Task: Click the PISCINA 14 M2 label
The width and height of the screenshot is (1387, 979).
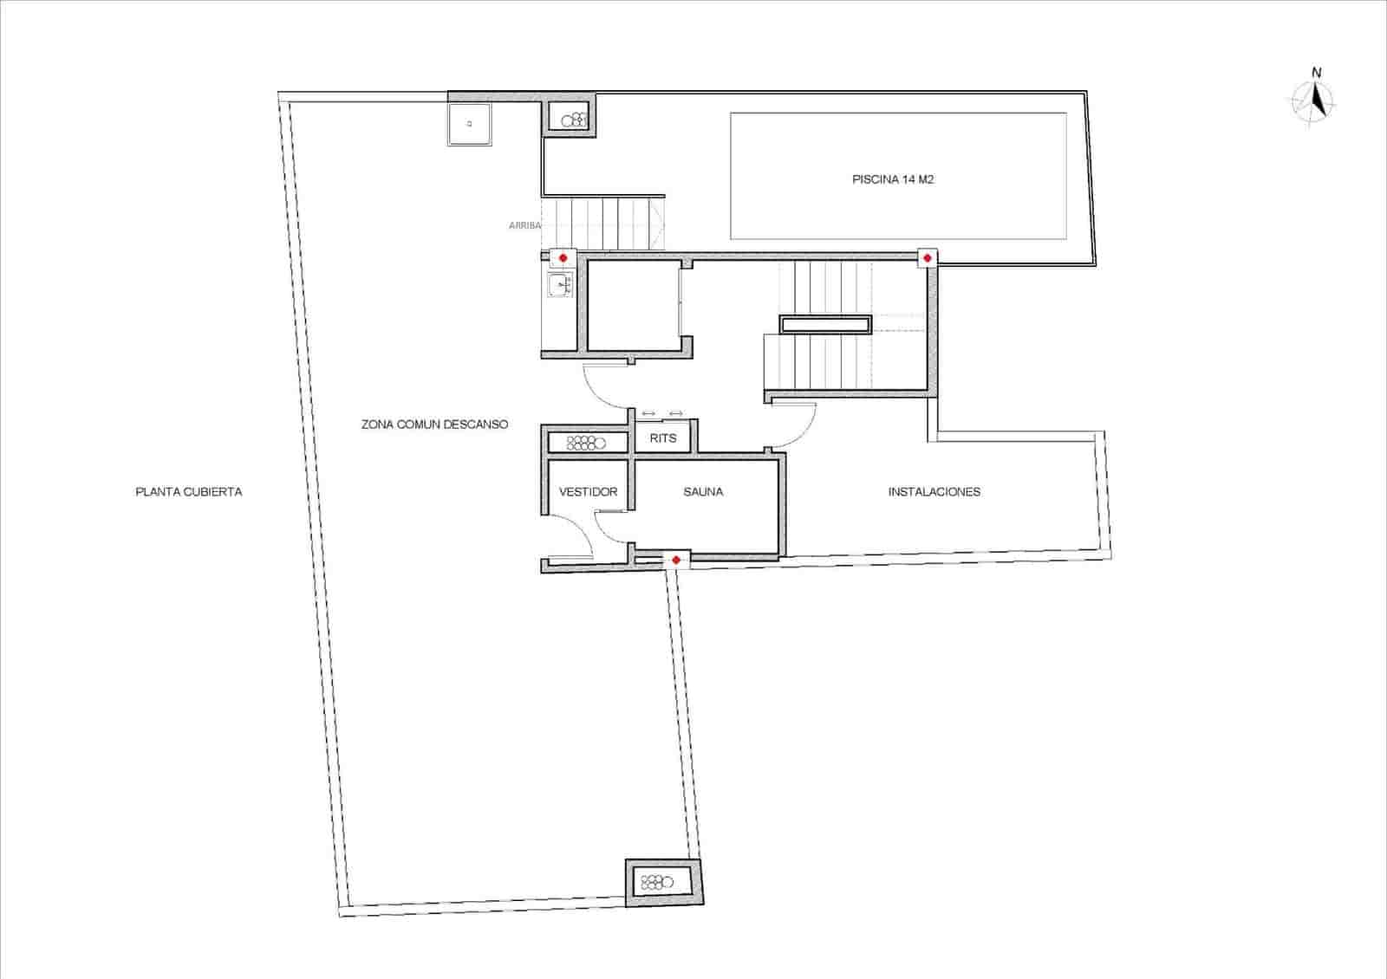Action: click(892, 180)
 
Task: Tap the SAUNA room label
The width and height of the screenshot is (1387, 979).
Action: click(703, 492)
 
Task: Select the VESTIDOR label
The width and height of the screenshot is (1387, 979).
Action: click(588, 492)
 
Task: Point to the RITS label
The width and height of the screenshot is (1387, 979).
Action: click(663, 438)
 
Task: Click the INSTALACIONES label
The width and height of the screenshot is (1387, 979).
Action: click(934, 492)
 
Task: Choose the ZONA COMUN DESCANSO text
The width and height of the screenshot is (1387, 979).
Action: click(434, 425)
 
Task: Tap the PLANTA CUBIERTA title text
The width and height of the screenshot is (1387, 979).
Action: click(189, 492)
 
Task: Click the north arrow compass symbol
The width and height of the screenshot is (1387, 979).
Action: click(1315, 100)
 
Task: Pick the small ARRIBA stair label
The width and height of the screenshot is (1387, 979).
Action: click(525, 225)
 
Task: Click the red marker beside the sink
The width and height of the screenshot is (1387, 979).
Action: click(563, 258)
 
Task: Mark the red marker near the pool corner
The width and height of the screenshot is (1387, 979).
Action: click(928, 258)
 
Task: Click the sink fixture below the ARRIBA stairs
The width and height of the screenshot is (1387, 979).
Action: click(559, 284)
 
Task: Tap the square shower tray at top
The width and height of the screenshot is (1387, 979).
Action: click(470, 124)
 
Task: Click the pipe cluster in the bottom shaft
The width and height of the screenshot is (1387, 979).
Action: click(656, 884)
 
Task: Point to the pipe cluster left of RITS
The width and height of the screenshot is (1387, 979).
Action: click(586, 444)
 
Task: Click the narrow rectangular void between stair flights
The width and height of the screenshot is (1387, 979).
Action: click(825, 325)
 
